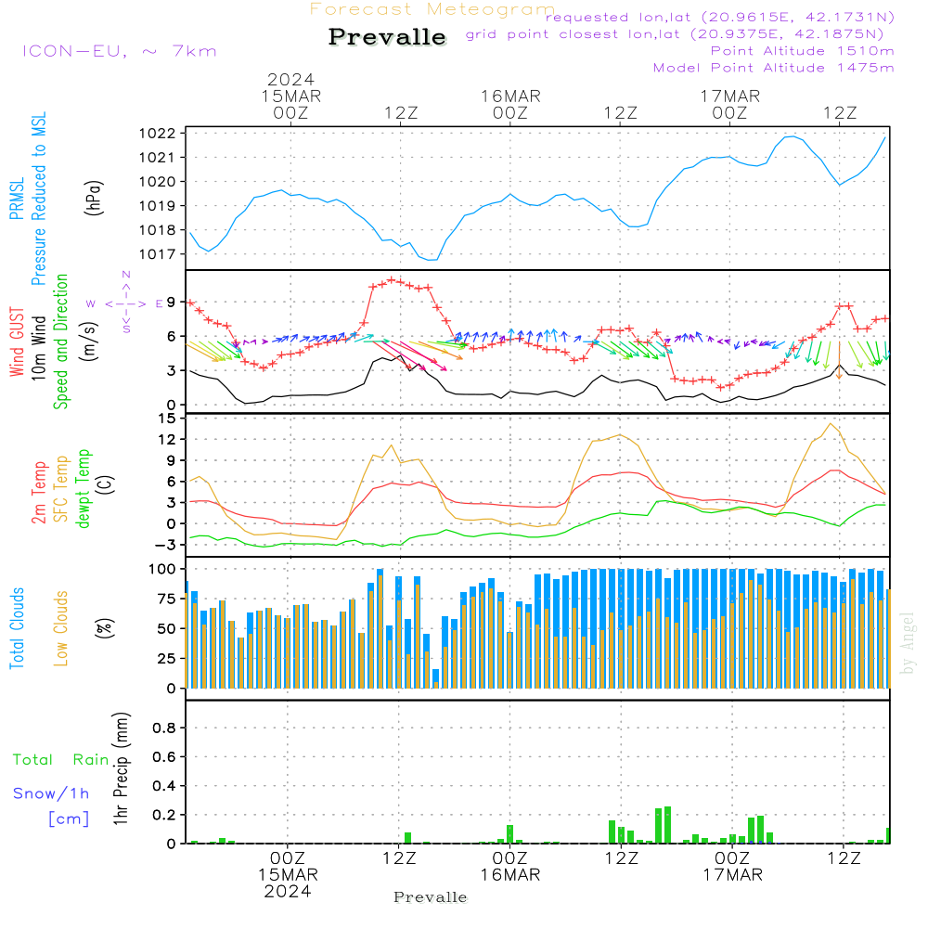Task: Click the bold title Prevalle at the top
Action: (x=387, y=37)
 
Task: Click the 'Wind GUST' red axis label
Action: (x=17, y=344)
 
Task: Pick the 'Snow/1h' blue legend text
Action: (x=52, y=793)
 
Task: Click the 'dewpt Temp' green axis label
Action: (x=84, y=489)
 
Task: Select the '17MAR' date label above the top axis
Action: (x=730, y=97)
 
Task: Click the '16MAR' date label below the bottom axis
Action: (x=509, y=875)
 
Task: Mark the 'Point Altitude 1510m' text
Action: (x=802, y=51)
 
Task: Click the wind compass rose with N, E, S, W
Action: (x=126, y=303)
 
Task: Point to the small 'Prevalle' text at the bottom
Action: (x=431, y=897)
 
